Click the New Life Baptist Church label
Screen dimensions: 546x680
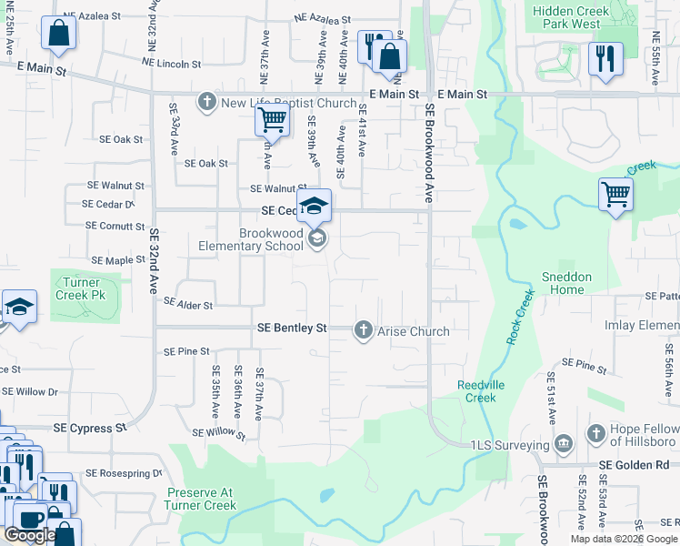[x=289, y=103]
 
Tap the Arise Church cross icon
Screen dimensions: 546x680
[x=364, y=330]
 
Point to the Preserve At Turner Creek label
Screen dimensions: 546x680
[x=201, y=499]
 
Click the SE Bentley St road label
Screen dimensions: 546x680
[x=291, y=327]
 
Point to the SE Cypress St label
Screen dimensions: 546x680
[x=89, y=428]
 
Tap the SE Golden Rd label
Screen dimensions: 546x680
[x=637, y=464]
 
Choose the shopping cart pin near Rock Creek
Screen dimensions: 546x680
[x=615, y=194]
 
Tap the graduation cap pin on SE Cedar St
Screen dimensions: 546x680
[x=314, y=206]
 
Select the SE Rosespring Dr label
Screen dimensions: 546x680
[x=124, y=473]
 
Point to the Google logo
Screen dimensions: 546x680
[x=30, y=536]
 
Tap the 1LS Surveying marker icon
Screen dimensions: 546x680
[x=564, y=445]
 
